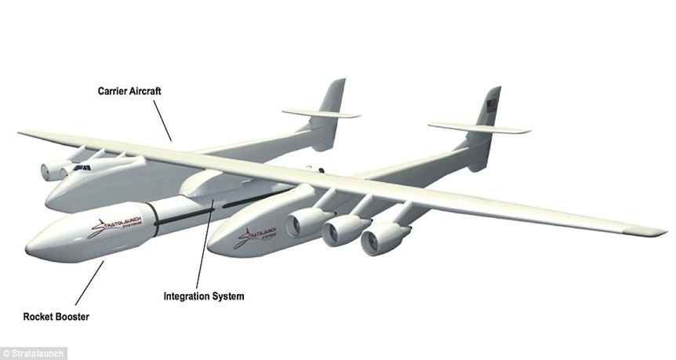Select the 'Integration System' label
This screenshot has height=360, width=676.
(x=204, y=296)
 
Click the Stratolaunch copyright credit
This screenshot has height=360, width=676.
(x=34, y=353)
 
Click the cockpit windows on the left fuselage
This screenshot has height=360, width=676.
(x=81, y=168)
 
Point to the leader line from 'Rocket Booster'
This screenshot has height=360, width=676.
(x=89, y=283)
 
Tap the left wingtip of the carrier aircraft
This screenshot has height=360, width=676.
(x=24, y=133)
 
